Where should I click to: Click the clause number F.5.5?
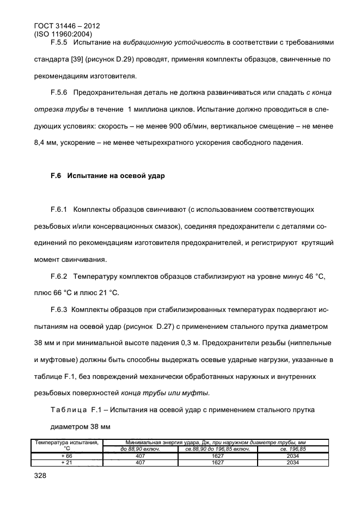(x=60, y=42)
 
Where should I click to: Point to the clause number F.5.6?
(x=60, y=93)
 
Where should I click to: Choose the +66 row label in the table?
(x=67, y=456)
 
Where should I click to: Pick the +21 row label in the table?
(x=67, y=463)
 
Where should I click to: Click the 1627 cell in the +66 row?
(x=218, y=456)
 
